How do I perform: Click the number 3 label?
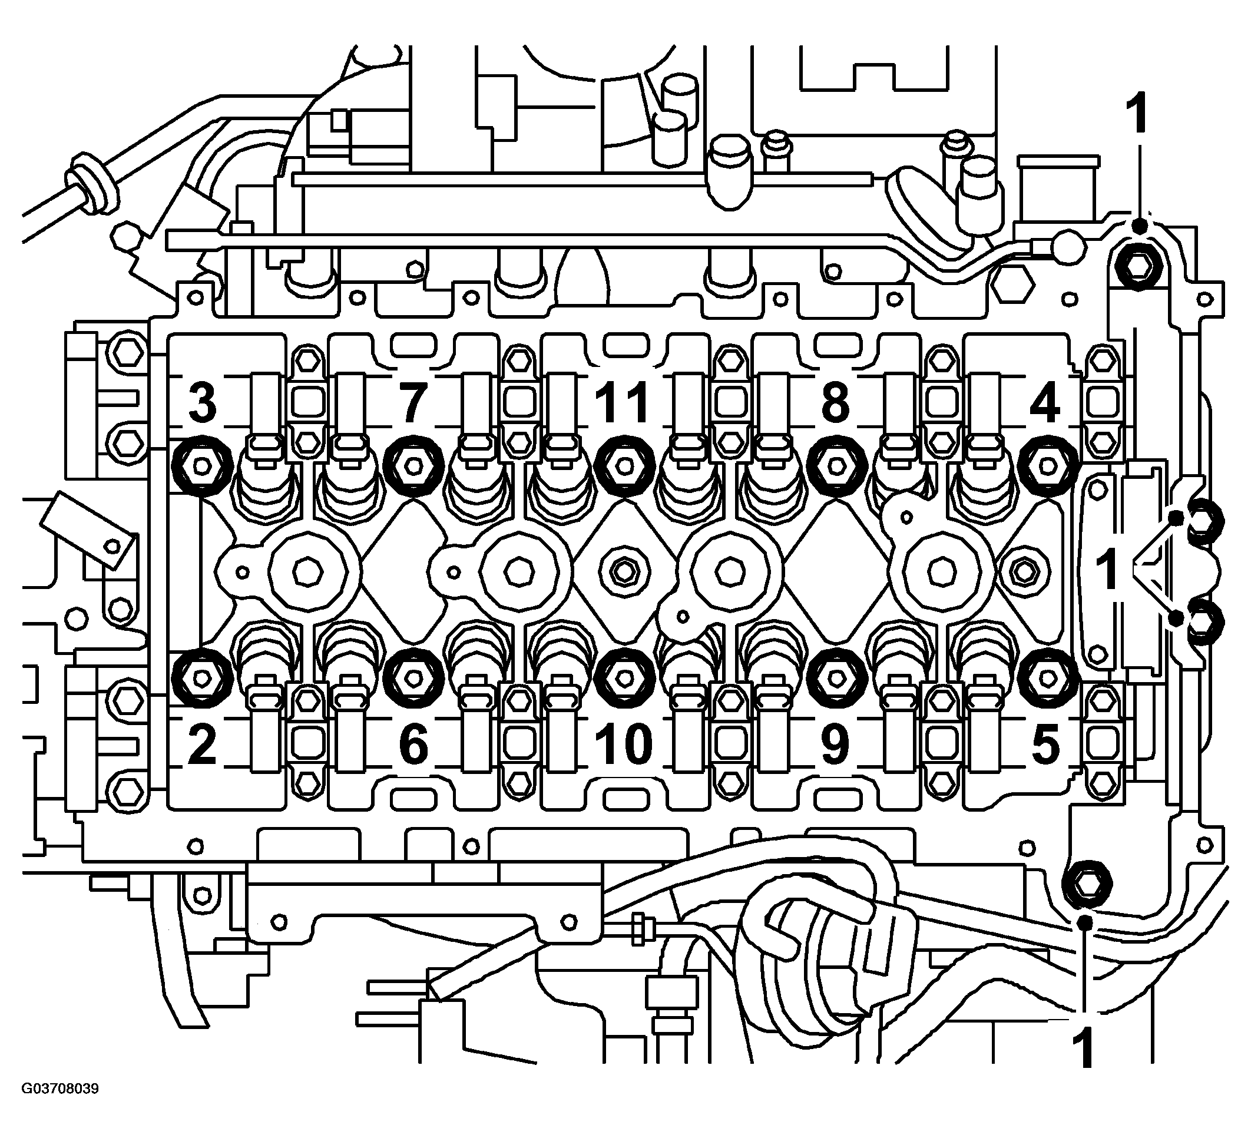[x=202, y=402]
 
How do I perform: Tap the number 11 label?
[x=623, y=402]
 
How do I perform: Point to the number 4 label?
[x=1045, y=402]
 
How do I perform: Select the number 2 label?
[x=202, y=744]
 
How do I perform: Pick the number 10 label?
[x=624, y=744]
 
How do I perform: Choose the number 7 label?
[x=413, y=402]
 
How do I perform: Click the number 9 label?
[x=835, y=744]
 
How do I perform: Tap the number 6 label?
[x=413, y=744]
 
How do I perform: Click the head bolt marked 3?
[x=201, y=465]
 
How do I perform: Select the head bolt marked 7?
[x=413, y=465]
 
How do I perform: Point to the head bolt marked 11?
[x=624, y=465]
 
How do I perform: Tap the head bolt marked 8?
[x=835, y=465]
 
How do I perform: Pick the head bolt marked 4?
[x=1047, y=465]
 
